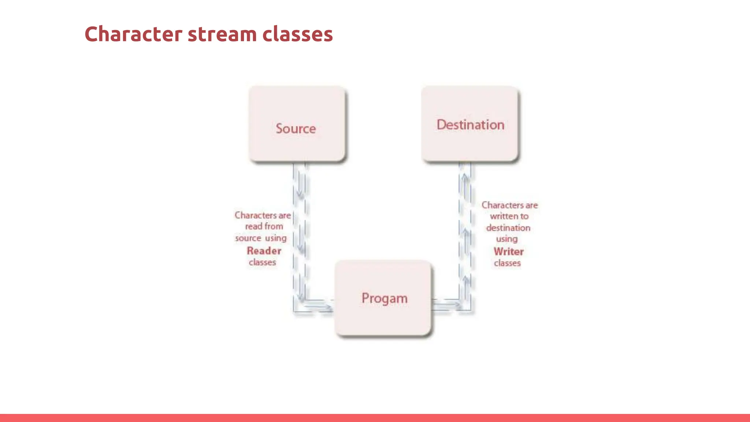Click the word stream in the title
[x=222, y=34]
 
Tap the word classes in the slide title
[x=297, y=34]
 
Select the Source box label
[x=296, y=129]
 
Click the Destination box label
[x=470, y=125]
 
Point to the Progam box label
[x=384, y=299]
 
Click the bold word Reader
[x=264, y=251]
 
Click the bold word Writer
[x=508, y=252]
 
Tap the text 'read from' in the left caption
[x=264, y=226]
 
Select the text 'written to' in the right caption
[x=509, y=216]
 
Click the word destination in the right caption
[x=508, y=228]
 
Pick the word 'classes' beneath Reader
[x=262, y=262]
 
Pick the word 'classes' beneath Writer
[x=507, y=263]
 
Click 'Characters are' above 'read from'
[x=263, y=215]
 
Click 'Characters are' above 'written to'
[x=509, y=205]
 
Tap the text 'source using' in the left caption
[x=261, y=238]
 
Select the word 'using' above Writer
[x=507, y=239]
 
